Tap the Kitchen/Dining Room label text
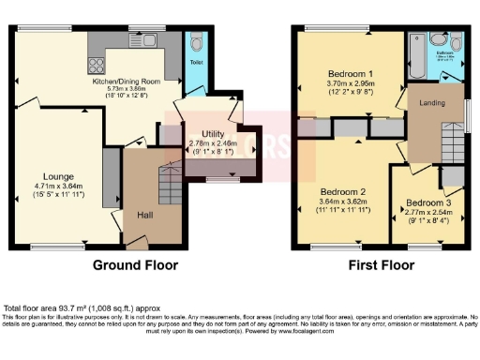[131, 82]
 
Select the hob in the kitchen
[96, 65]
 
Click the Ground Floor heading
[137, 265]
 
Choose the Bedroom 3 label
[427, 203]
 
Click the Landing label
[431, 102]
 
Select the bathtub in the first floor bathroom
[413, 43]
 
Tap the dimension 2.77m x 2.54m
[427, 214]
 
